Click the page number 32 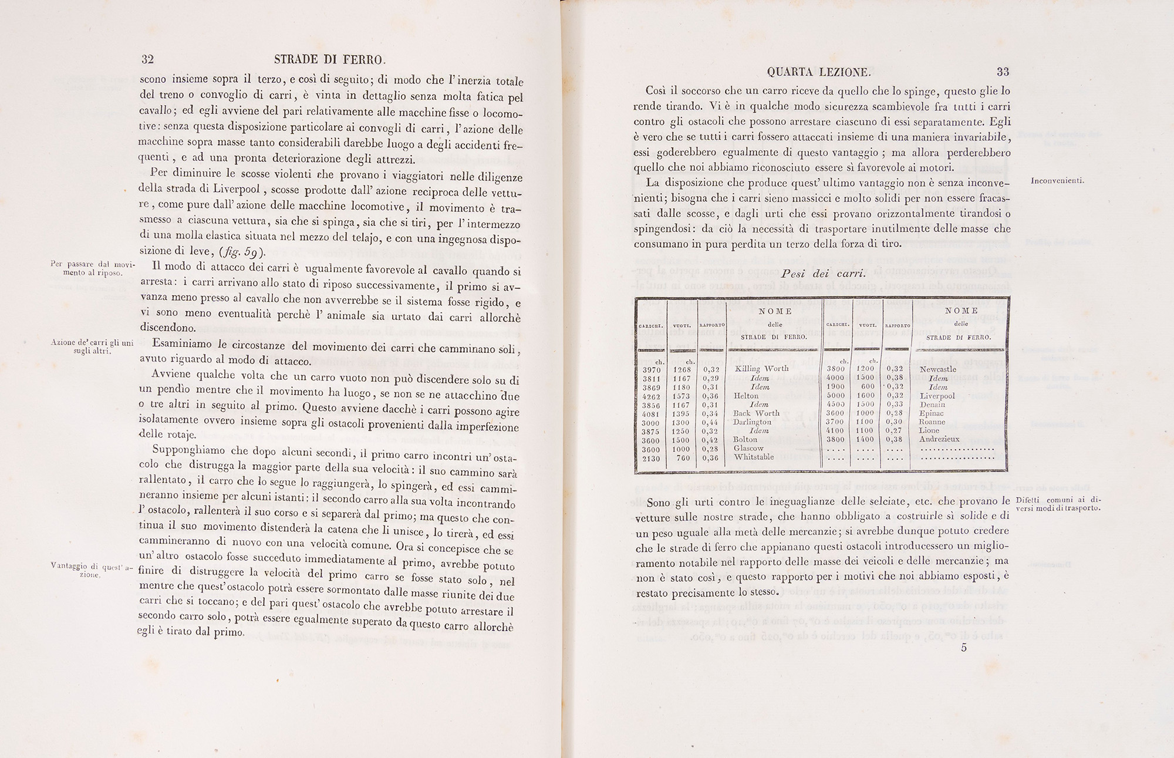(x=147, y=59)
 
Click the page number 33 (x=1003, y=72)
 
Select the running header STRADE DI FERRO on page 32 (x=330, y=59)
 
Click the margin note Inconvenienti (x=1057, y=181)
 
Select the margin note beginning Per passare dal (x=93, y=268)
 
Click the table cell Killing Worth (x=761, y=369)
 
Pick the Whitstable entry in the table (x=754, y=457)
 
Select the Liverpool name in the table (x=937, y=396)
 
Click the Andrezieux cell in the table (x=939, y=439)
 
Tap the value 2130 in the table (x=651, y=458)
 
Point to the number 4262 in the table (x=651, y=396)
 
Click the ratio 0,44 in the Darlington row (x=710, y=422)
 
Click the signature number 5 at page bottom (x=964, y=648)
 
